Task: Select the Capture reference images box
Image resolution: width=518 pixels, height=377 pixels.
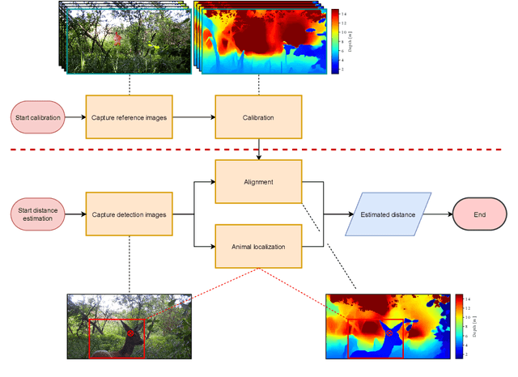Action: [x=129, y=118]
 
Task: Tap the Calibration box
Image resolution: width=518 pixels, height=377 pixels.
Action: [x=257, y=118]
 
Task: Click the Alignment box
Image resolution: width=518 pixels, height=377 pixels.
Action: [x=257, y=182]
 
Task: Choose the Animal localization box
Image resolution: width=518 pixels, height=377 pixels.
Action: [x=257, y=247]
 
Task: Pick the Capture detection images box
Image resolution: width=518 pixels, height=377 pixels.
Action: [x=129, y=214]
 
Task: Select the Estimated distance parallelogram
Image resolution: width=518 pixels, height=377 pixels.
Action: [x=388, y=214]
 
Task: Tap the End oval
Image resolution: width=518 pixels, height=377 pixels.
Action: [x=480, y=214]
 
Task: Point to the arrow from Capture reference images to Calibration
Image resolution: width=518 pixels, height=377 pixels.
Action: [x=193, y=118]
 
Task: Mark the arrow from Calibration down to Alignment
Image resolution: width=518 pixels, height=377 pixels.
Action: [x=257, y=150]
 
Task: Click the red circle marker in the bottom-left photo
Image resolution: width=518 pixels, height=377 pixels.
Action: [x=130, y=331]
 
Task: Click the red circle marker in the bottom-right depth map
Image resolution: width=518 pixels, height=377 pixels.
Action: [x=388, y=333]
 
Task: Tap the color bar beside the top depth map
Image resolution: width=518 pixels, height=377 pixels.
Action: [x=335, y=42]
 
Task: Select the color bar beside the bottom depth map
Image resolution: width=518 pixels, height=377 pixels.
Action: [x=458, y=326]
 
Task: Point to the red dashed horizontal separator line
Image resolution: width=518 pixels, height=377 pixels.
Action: [x=259, y=150]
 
